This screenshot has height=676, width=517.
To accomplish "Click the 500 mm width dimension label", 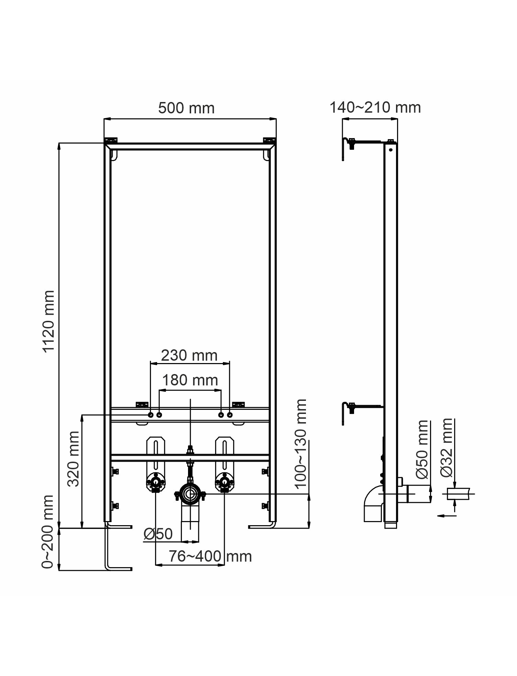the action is [186, 108].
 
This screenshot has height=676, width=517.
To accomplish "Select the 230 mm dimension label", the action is [189, 356].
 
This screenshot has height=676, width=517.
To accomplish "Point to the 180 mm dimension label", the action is [190, 380].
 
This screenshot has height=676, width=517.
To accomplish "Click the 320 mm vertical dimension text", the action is [73, 459].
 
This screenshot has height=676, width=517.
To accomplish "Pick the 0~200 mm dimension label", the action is [48, 532].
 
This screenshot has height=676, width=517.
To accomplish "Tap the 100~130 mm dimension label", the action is [301, 443].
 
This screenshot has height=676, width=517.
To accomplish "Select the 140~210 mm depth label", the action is [375, 108].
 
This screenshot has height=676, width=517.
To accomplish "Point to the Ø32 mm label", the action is [447, 448].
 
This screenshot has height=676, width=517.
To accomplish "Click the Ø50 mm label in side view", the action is [422, 449].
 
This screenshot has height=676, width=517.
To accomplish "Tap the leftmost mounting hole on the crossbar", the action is [151, 415].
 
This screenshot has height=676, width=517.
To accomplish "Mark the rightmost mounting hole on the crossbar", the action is [230, 415].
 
